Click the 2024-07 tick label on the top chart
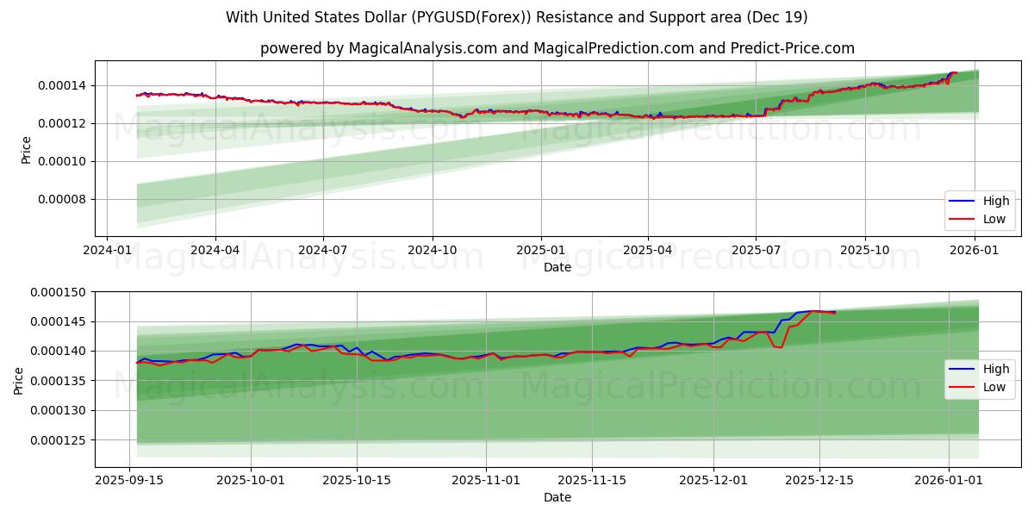[323, 251]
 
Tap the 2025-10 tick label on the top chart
[865, 251]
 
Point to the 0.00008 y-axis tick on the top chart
[62, 200]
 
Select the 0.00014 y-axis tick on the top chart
[62, 85]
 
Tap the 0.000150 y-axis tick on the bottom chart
[59, 293]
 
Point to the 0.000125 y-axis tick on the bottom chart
[59, 440]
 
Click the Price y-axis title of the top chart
[26, 150]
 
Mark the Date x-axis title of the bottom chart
[557, 497]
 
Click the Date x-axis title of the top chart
[557, 267]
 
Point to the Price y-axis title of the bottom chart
[19, 380]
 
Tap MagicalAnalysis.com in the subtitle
[422, 48]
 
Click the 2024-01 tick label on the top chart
[106, 251]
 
